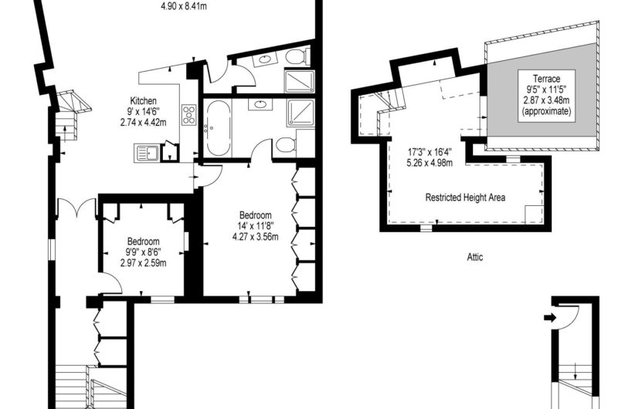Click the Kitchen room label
[144, 101]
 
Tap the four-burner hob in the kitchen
[188, 114]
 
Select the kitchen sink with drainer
[147, 153]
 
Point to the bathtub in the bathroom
[218, 128]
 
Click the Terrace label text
[546, 79]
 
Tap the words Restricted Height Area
[465, 198]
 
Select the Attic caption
[475, 257]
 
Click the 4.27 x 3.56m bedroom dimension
[256, 237]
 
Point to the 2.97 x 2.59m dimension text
[144, 262]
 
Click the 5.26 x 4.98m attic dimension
[430, 163]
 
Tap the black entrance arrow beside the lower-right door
[550, 317]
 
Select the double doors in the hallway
[76, 208]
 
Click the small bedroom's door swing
[111, 284]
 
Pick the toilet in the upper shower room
[297, 56]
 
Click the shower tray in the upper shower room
[300, 81]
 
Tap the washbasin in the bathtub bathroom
[260, 104]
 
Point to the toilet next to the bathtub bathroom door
[286, 145]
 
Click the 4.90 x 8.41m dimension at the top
[184, 6]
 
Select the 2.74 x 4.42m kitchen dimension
[144, 123]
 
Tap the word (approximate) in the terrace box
[546, 111]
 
